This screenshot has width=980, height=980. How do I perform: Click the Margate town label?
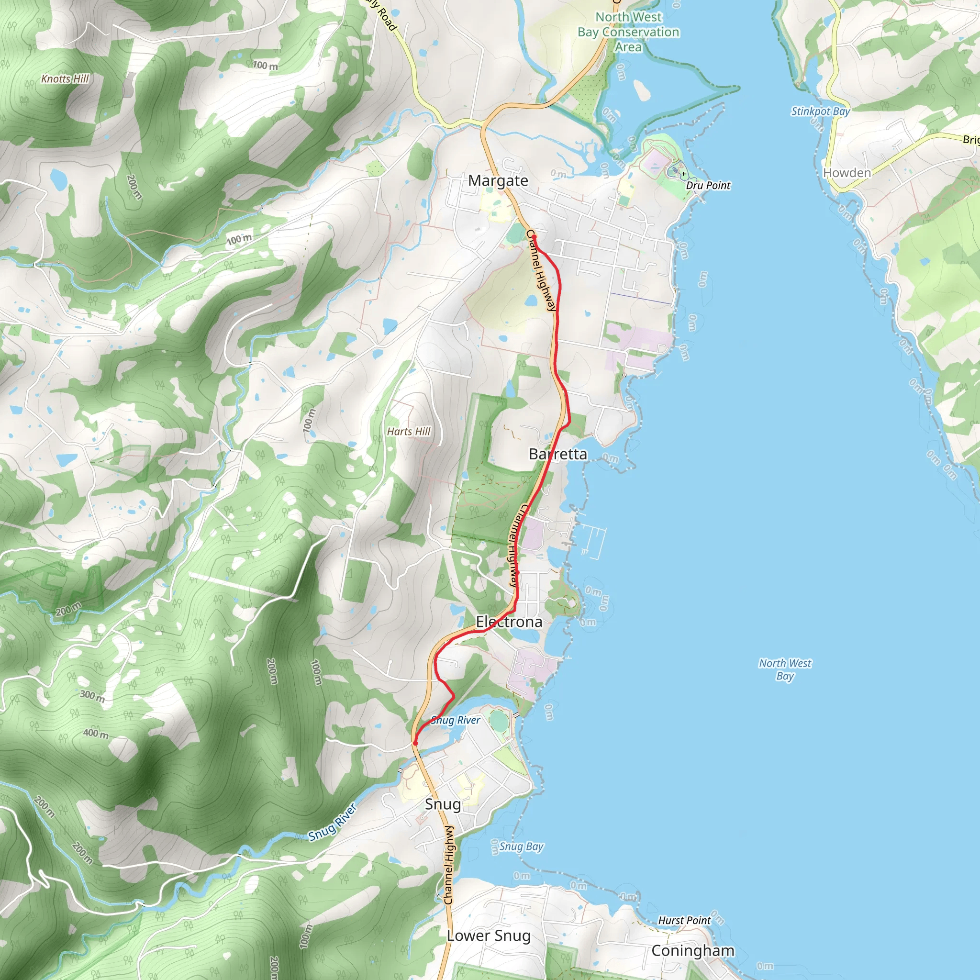pos(498,180)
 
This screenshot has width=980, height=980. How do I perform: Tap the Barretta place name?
pos(557,454)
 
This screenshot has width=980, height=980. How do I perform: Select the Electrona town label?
pos(509,622)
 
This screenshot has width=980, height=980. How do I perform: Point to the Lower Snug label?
pos(489,936)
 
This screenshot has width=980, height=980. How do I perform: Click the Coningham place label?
pos(692,951)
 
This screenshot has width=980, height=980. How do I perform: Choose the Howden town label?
pos(846,173)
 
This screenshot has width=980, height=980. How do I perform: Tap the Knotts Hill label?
pos(65,78)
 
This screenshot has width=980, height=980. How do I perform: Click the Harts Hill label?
pos(408,432)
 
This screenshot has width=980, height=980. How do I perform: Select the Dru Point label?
pos(708,186)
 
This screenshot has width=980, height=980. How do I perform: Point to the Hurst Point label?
pos(684,920)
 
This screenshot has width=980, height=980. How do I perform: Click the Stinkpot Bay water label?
pos(820,111)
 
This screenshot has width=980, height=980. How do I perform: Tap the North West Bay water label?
pos(785,669)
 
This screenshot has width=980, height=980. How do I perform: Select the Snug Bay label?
pos(521,846)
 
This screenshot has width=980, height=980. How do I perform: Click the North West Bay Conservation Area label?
pos(628,32)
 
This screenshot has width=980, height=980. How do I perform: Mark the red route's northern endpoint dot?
pos(534,237)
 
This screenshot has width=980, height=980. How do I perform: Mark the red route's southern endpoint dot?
pos(415,743)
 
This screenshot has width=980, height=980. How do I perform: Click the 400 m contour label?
pos(96,734)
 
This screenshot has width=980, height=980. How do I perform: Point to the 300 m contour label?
pos(92,696)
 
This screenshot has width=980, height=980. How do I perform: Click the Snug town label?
pos(443,804)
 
